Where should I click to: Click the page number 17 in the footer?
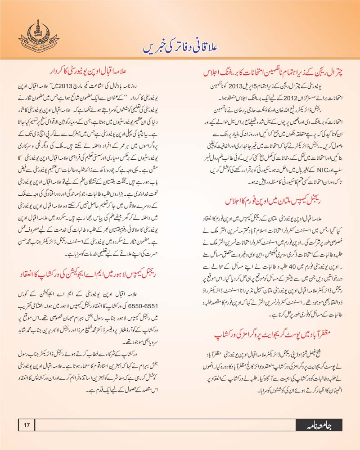pyautogui.click(x=27, y=424)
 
